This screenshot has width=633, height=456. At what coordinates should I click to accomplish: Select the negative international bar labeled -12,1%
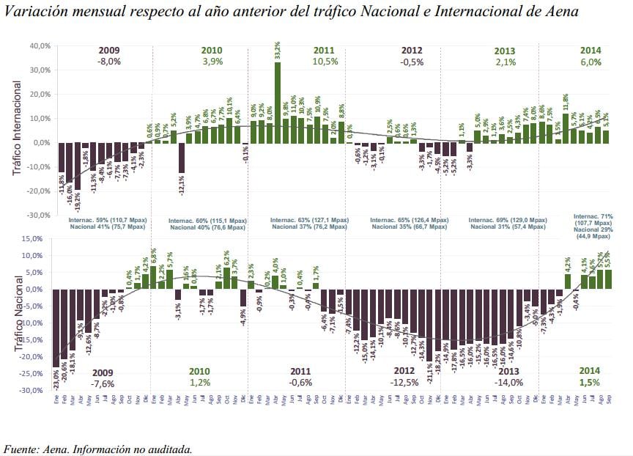[x=181, y=158]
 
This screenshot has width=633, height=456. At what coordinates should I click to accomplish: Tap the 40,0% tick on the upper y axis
[x=40, y=45]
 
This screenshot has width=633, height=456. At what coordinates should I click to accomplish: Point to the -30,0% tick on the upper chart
[x=40, y=216]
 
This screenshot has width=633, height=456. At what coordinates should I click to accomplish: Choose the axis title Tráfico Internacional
[x=17, y=130]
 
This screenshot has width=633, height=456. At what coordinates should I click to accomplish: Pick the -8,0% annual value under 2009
[x=108, y=62]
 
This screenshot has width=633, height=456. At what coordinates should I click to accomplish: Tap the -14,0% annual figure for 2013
[x=506, y=383]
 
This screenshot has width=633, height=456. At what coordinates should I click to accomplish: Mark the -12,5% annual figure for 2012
[x=405, y=383]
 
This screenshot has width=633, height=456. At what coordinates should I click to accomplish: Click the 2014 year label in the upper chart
[x=591, y=51]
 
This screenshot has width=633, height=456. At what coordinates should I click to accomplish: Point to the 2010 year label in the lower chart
[x=200, y=371]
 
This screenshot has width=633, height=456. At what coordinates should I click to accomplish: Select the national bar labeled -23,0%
[x=56, y=328]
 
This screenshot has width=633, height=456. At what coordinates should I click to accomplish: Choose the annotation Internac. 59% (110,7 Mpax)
[x=107, y=220]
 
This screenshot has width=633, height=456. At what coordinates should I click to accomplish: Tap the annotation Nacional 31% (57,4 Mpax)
[x=508, y=227]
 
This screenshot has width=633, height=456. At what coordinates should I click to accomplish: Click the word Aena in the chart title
[x=560, y=12]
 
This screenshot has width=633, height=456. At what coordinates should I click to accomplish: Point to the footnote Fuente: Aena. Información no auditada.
[x=98, y=449]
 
